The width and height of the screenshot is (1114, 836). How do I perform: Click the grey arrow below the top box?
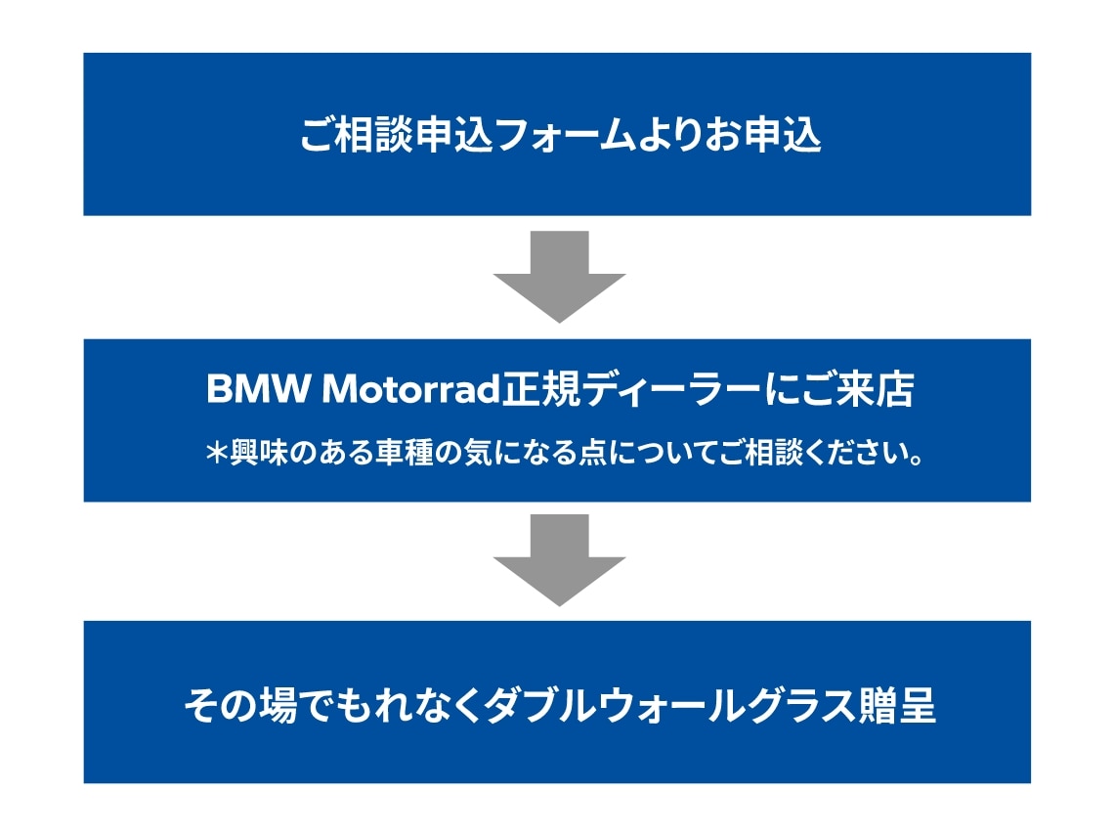pyautogui.click(x=559, y=278)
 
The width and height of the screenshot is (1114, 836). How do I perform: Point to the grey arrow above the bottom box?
pyautogui.click(x=559, y=560)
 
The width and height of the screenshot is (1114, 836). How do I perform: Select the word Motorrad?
pyautogui.click(x=411, y=390)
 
